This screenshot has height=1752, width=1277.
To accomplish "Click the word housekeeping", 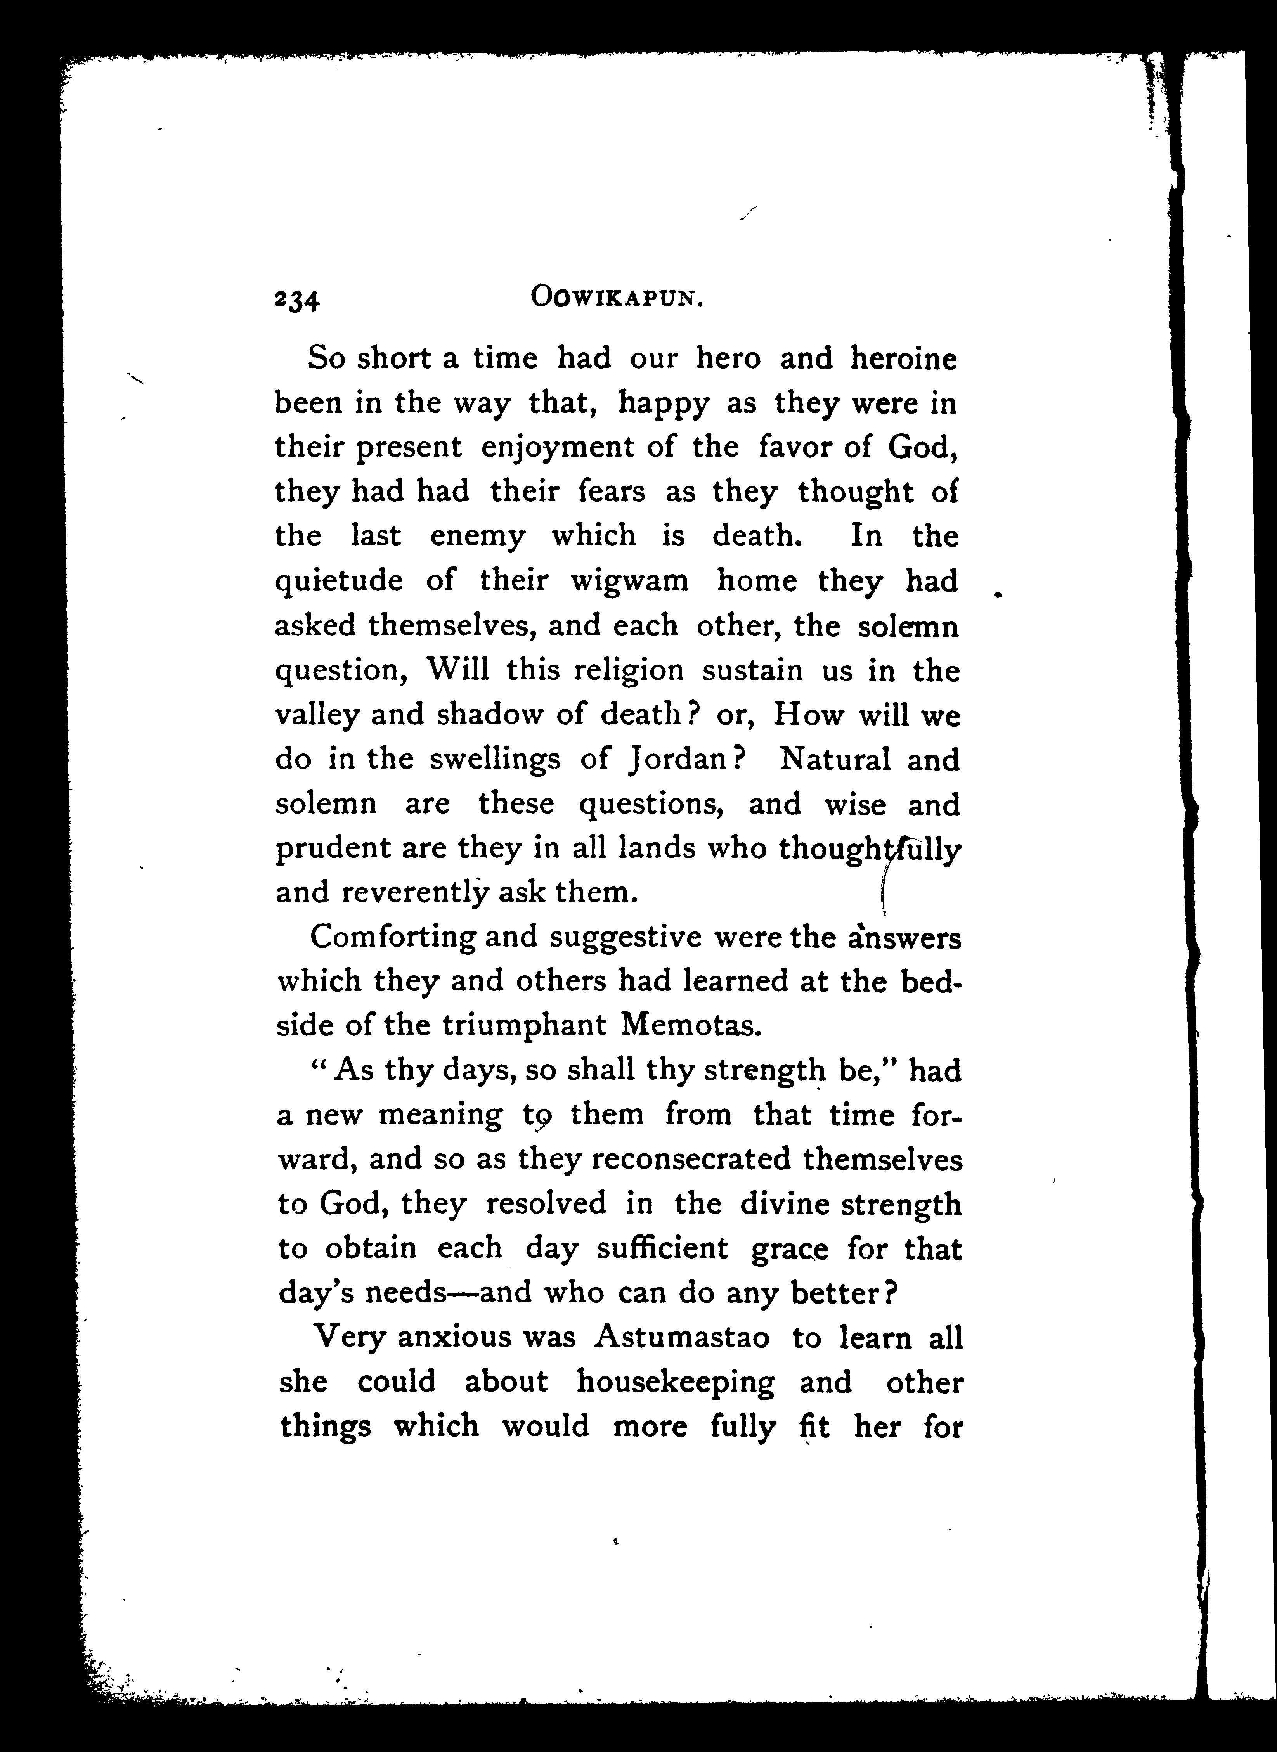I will pyautogui.click(x=675, y=1381).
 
